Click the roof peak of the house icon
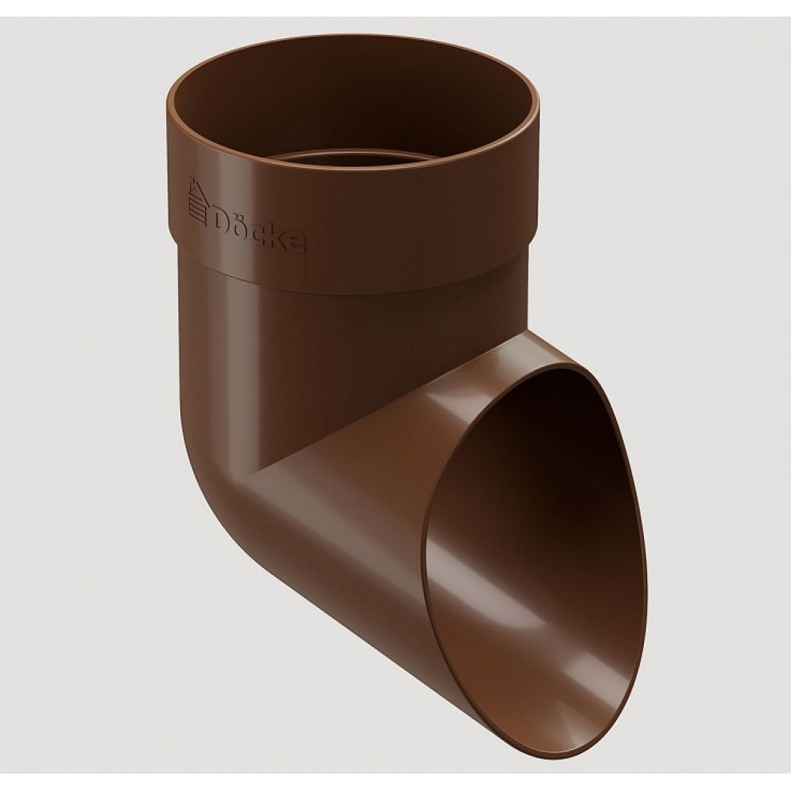(191, 177)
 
